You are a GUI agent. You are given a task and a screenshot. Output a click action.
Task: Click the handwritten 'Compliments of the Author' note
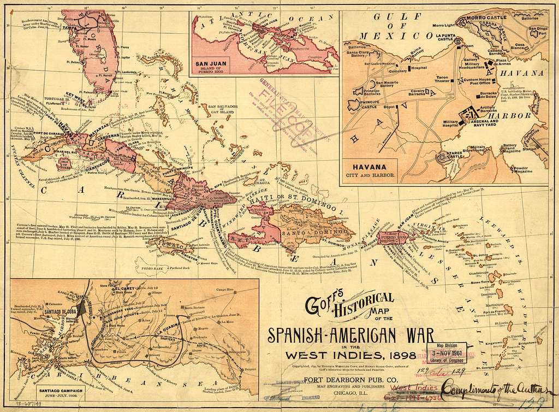pos(490,389)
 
